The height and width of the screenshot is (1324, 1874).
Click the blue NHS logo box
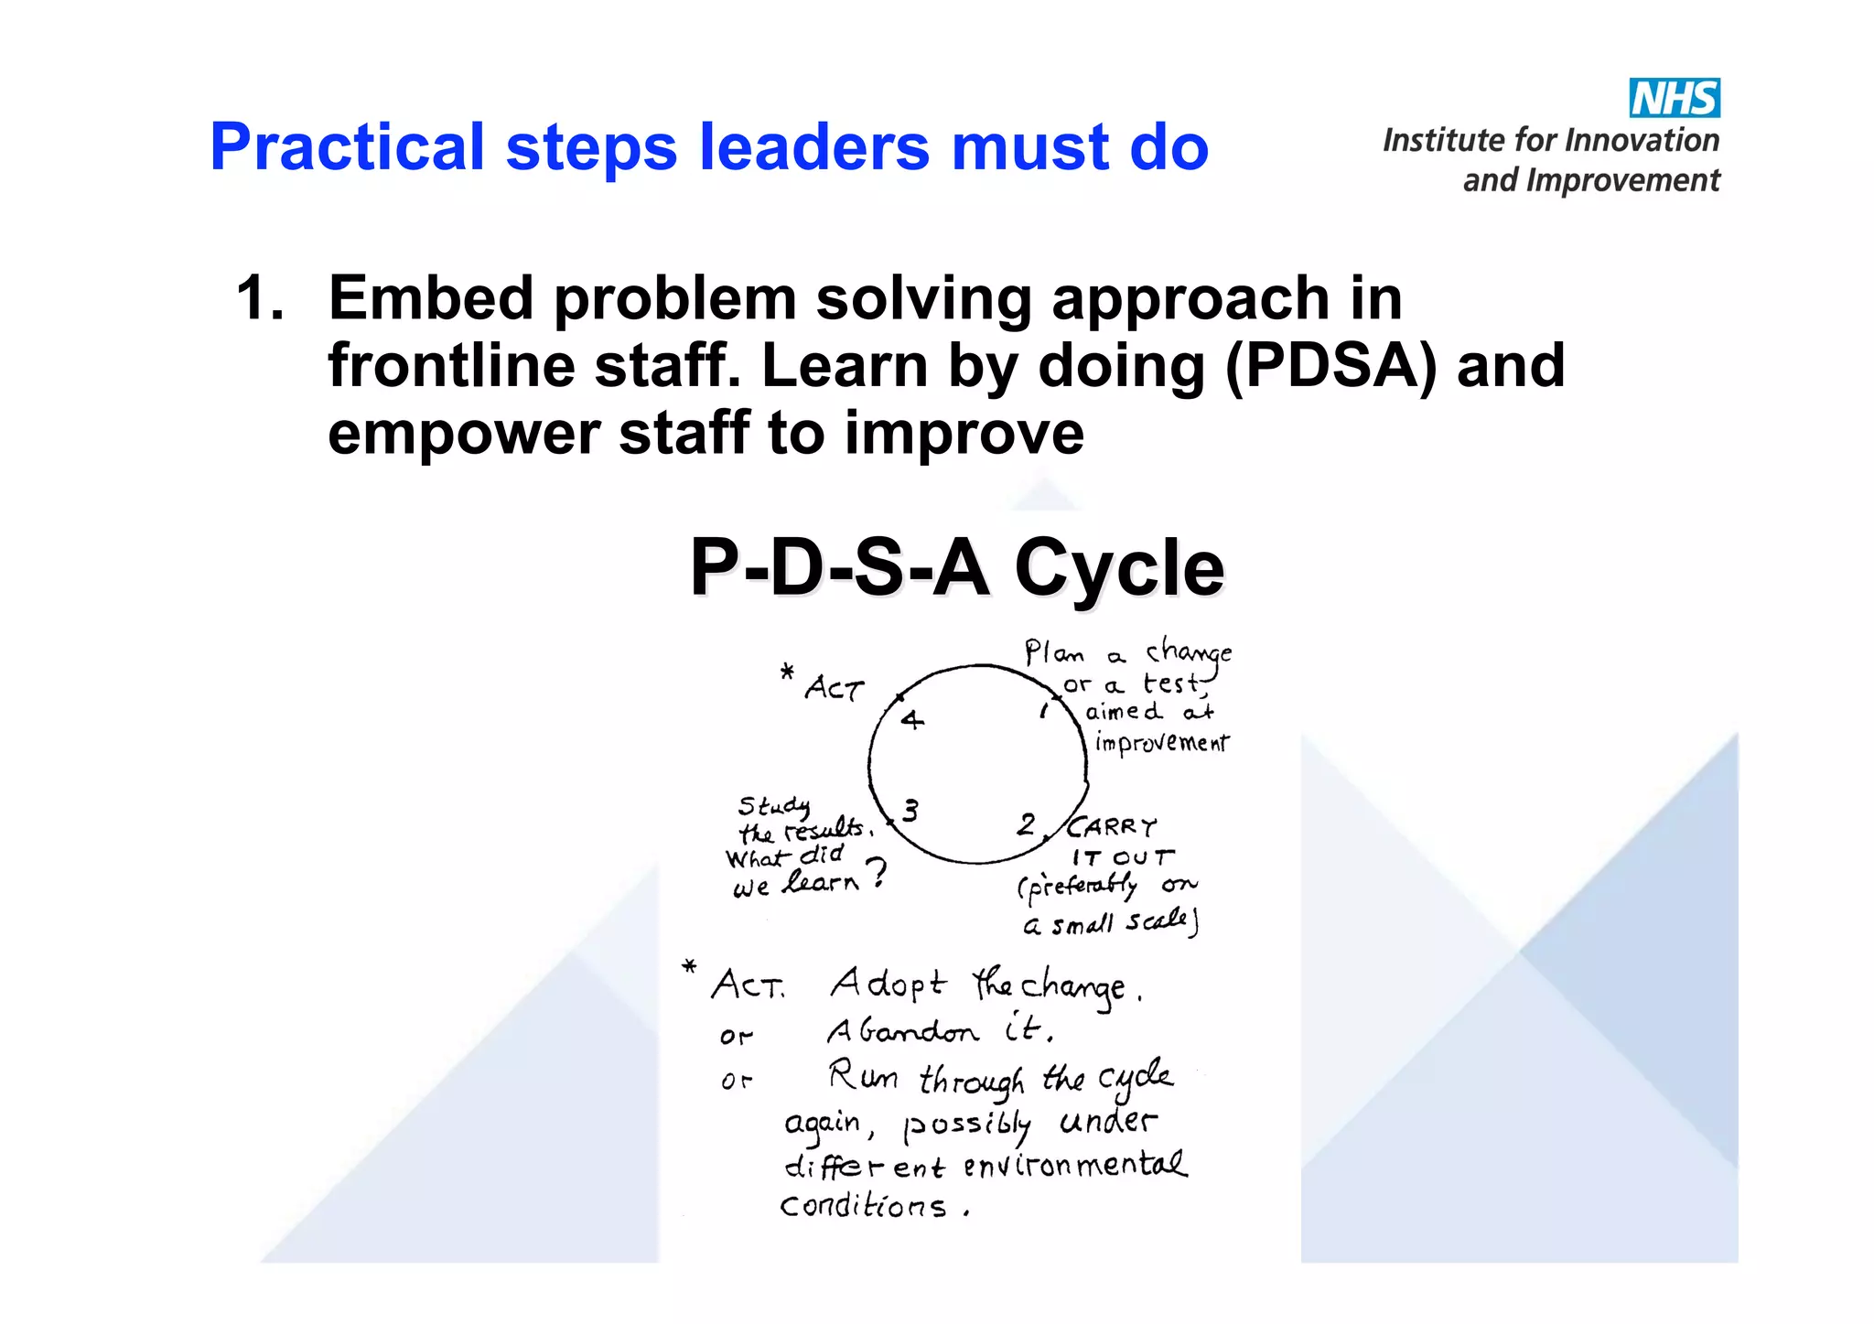pyautogui.click(x=1674, y=98)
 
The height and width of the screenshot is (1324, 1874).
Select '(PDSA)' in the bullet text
pyautogui.click(x=1330, y=366)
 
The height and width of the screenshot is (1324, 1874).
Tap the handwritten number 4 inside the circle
pyautogui.click(x=911, y=720)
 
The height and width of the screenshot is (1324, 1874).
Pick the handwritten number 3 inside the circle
pyautogui.click(x=910, y=811)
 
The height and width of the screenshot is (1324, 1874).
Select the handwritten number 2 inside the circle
pyautogui.click(x=1026, y=824)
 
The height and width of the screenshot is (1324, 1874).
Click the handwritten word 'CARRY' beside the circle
pyautogui.click(x=1113, y=828)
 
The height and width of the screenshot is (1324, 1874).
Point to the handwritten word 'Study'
pyautogui.click(x=774, y=806)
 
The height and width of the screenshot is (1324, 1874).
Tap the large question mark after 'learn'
pyautogui.click(x=876, y=873)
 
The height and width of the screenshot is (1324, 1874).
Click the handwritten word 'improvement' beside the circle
pyautogui.click(x=1162, y=742)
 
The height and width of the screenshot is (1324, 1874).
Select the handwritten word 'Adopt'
pyautogui.click(x=888, y=985)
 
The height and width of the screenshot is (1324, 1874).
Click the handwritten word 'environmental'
pyautogui.click(x=1074, y=1166)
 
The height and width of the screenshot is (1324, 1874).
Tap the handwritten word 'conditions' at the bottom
pyautogui.click(x=863, y=1206)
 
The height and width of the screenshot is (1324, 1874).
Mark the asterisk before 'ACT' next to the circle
pyautogui.click(x=787, y=673)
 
